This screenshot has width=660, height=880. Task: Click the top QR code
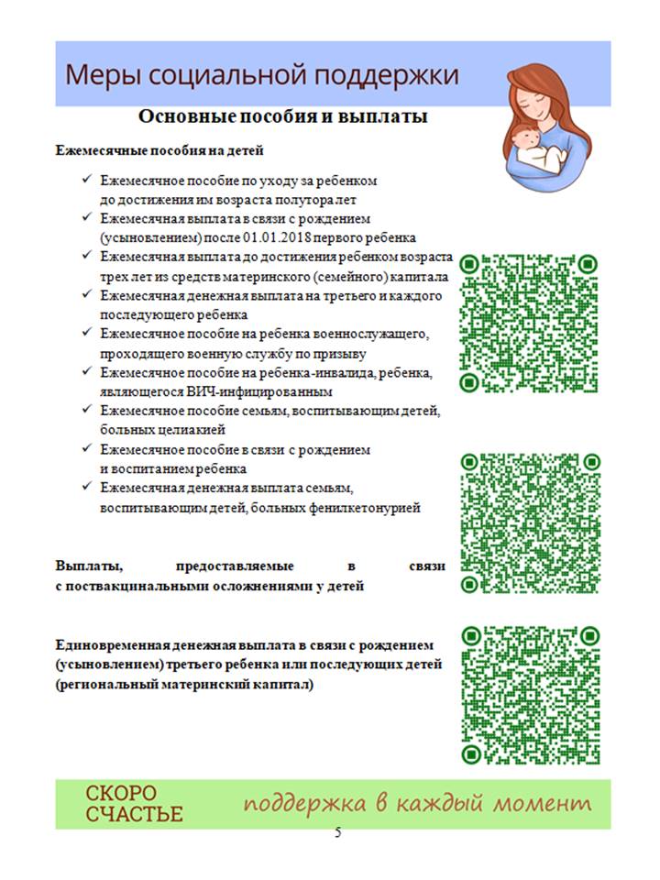click(529, 323)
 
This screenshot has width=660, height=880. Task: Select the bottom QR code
click(529, 695)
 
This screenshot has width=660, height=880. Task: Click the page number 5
click(337, 832)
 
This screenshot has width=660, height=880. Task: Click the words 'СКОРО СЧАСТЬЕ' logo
click(134, 803)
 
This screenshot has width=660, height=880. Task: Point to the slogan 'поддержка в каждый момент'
click(417, 804)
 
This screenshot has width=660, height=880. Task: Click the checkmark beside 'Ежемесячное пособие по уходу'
click(86, 181)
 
